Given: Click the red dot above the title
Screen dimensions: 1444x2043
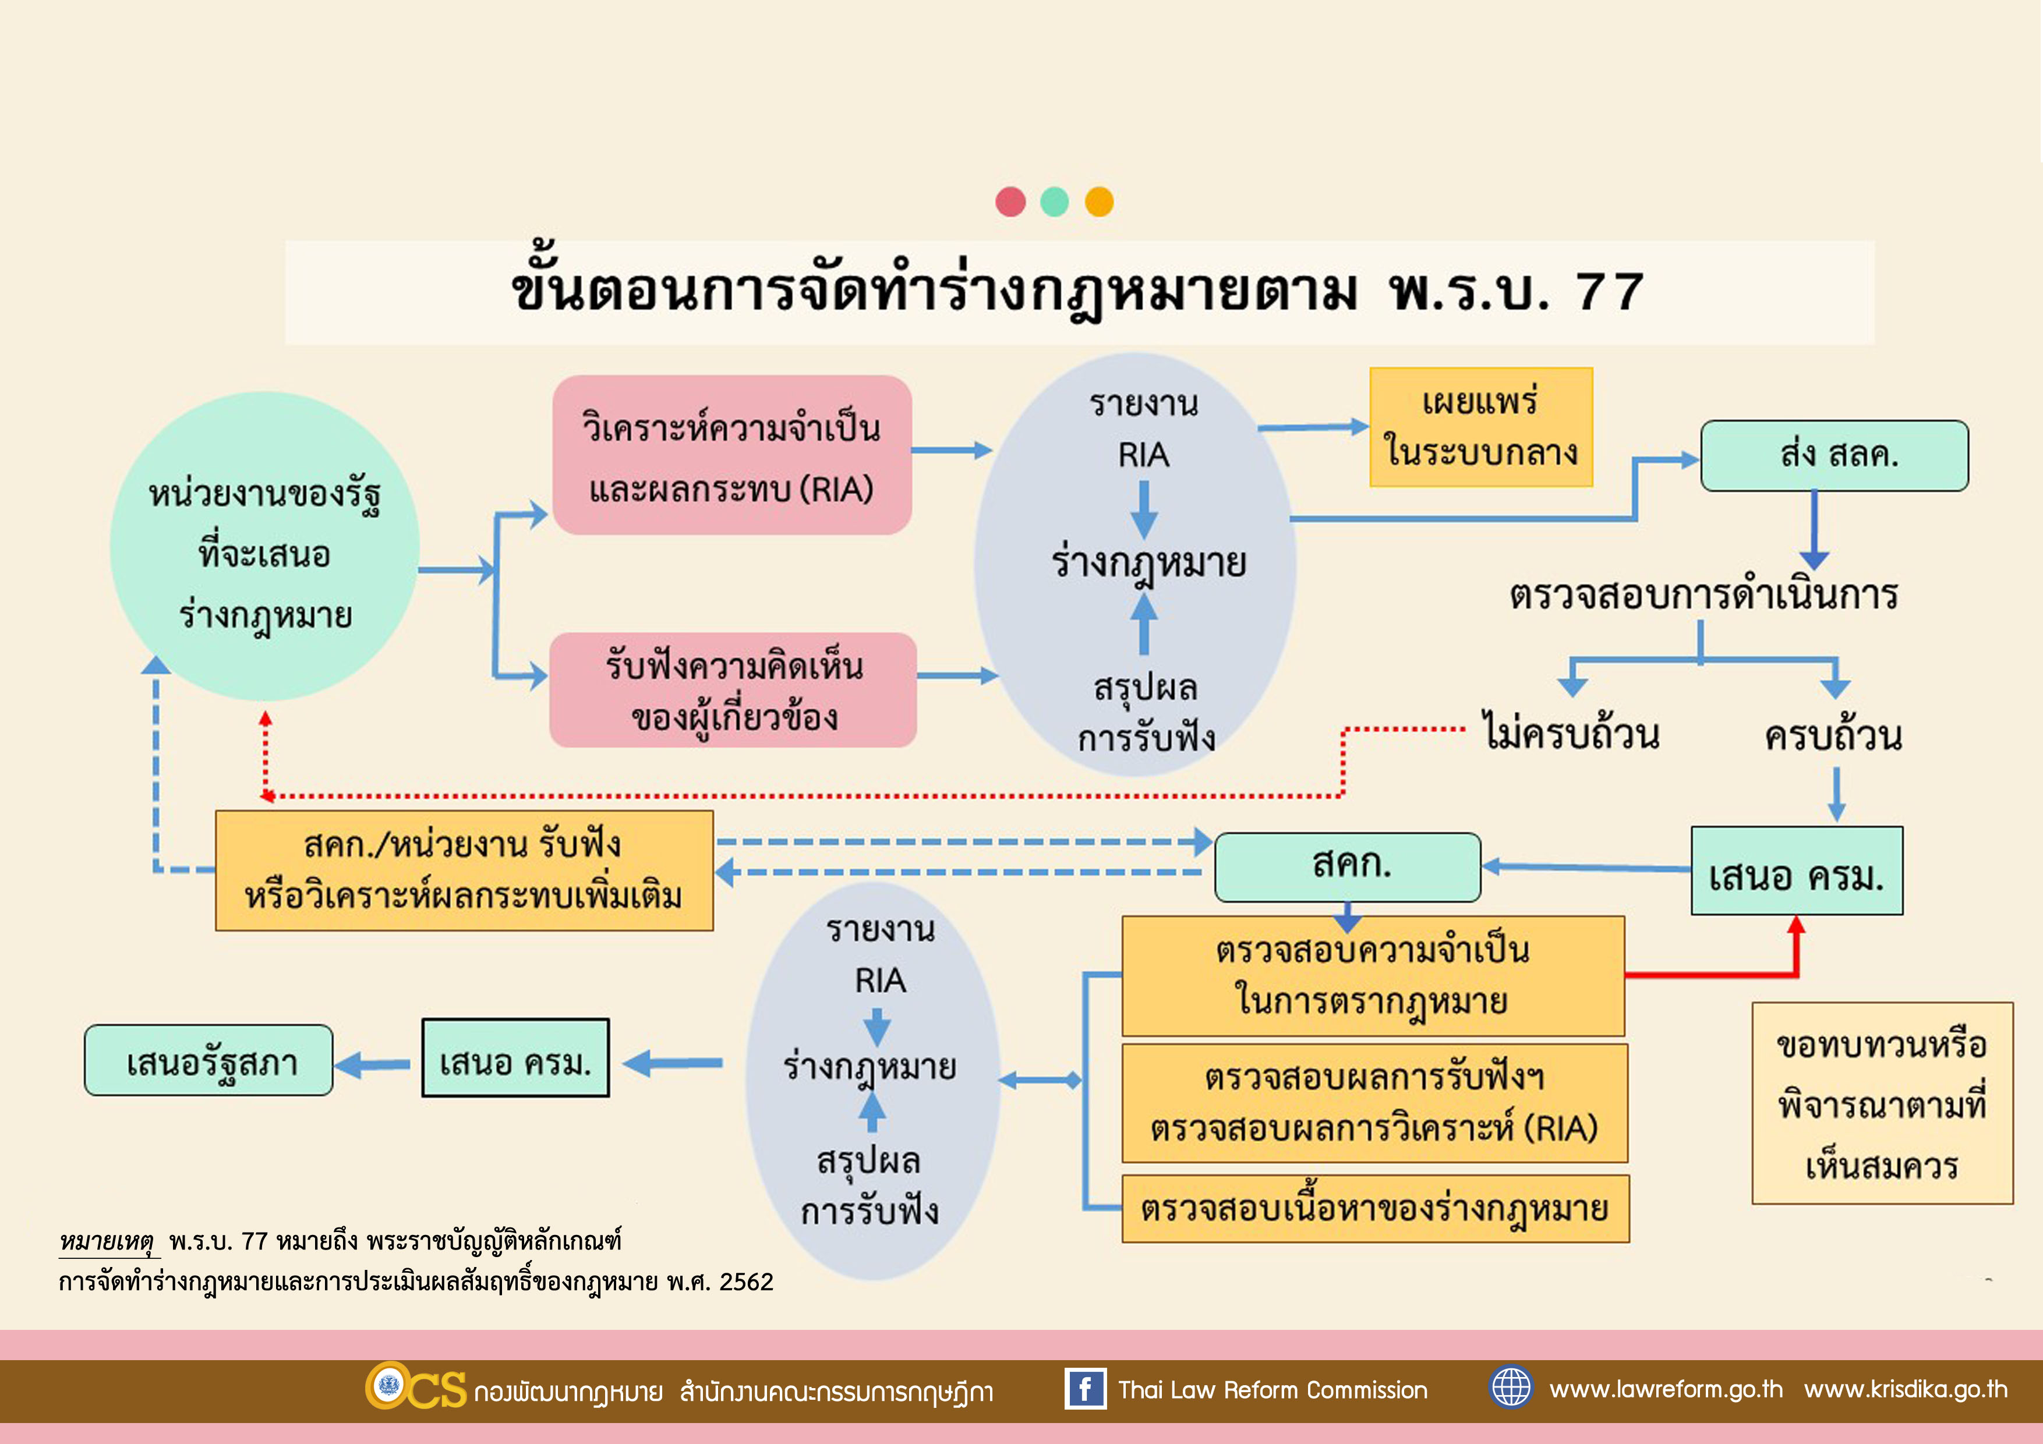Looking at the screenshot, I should (1010, 202).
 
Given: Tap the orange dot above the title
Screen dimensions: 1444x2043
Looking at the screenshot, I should (1099, 202).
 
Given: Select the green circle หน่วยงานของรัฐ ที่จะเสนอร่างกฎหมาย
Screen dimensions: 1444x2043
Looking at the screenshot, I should (264, 546).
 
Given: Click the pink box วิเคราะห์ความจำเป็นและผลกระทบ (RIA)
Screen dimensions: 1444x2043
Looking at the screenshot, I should (731, 455).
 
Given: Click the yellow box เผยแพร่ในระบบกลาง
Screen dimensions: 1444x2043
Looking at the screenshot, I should (1480, 427).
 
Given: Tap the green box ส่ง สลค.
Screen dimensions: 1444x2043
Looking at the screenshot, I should (1834, 455).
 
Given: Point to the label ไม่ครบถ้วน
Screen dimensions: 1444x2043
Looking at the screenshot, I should (1571, 735).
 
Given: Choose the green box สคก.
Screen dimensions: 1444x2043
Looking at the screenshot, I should (1347, 866).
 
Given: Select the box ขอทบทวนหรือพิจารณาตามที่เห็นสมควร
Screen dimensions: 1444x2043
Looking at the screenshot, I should (1882, 1103).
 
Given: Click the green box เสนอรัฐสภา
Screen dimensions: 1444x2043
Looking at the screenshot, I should (209, 1060).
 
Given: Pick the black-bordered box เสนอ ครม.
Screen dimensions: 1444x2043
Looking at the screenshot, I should (515, 1058).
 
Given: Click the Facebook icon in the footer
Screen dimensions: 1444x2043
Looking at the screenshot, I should (1084, 1389).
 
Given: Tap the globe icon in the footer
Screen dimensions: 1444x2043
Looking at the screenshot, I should (1510, 1387).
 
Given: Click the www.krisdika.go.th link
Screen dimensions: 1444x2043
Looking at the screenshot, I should (1906, 1389).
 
